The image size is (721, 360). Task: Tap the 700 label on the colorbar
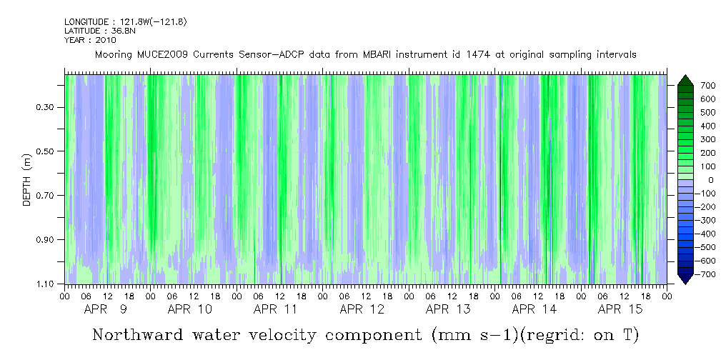point(688,86)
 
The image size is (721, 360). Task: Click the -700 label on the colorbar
point(687,274)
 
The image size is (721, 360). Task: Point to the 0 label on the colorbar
point(690,180)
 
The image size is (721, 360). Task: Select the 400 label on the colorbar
point(688,126)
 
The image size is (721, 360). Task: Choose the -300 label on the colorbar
point(687,220)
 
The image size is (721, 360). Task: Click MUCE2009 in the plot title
point(155,55)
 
